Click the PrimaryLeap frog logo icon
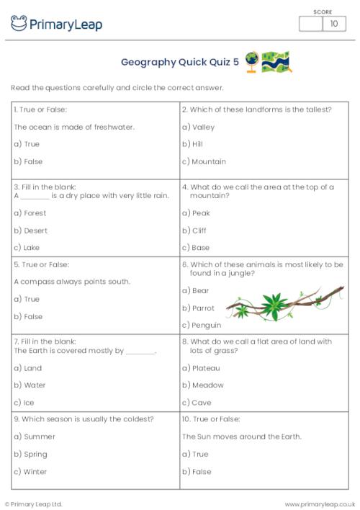pyautogui.click(x=19, y=24)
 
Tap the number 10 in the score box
pyautogui.click(x=333, y=24)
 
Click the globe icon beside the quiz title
pyautogui.click(x=252, y=61)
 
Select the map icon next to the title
pyautogui.click(x=276, y=61)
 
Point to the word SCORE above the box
pyautogui.click(x=322, y=12)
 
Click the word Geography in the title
pyautogui.click(x=149, y=62)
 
